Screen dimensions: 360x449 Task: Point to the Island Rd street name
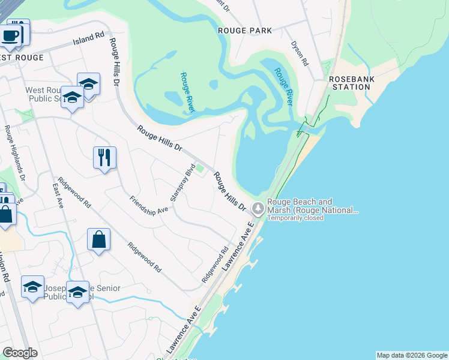coord(89,38)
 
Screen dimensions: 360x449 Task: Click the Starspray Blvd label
coord(182,182)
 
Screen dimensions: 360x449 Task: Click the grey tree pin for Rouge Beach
coord(258,209)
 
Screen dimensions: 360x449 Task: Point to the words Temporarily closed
coord(295,218)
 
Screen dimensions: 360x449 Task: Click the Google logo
coord(20,353)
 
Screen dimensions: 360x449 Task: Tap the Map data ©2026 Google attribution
coord(411,355)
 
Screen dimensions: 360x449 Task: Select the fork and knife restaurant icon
coord(104,157)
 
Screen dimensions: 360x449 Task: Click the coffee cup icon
coord(10,35)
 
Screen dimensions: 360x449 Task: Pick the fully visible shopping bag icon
coord(98,239)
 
